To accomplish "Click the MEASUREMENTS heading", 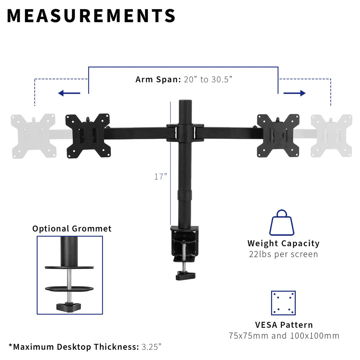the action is (x=91, y=16).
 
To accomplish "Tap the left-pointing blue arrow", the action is (x=69, y=93).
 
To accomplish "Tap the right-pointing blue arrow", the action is (x=295, y=93).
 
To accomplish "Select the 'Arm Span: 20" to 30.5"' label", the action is (x=184, y=79).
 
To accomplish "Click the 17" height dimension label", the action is (x=160, y=176).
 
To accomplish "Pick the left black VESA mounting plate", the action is (x=88, y=136).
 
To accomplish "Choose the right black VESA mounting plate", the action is (x=278, y=136).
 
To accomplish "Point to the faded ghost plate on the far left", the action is (x=33, y=136).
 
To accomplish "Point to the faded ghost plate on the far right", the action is (x=331, y=136).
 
